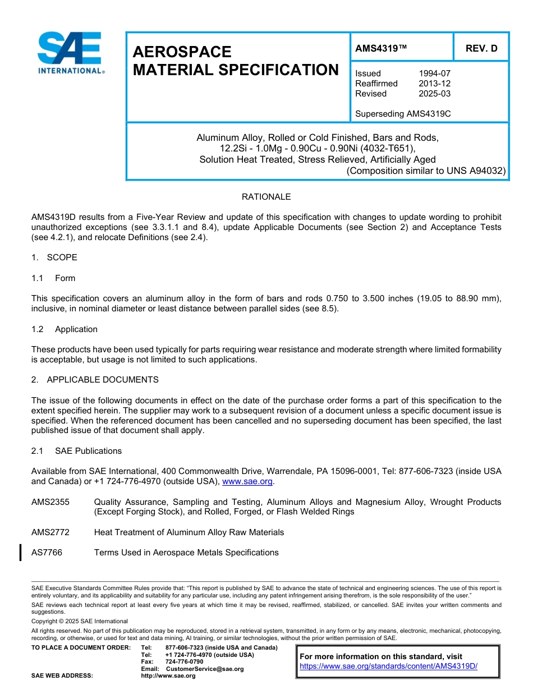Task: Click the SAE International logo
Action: tap(70, 53)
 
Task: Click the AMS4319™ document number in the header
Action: tap(381, 48)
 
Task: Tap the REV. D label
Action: tap(481, 48)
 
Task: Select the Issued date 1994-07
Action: tap(434, 73)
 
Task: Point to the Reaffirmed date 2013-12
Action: tap(434, 84)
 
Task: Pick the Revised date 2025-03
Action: tap(434, 94)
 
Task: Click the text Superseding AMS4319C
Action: tap(403, 114)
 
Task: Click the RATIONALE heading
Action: tap(266, 197)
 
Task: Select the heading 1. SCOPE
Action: tap(54, 257)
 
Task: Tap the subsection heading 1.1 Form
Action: tap(54, 278)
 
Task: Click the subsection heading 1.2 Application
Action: tap(65, 329)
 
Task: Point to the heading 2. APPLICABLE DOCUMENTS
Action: tap(95, 380)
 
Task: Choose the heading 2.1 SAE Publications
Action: tap(76, 451)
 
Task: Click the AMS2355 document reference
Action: tap(50, 502)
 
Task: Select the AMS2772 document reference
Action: tap(50, 532)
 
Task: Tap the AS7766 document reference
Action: tap(47, 553)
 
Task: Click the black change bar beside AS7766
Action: tap(21, 553)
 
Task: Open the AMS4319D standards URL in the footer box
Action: tap(388, 666)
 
